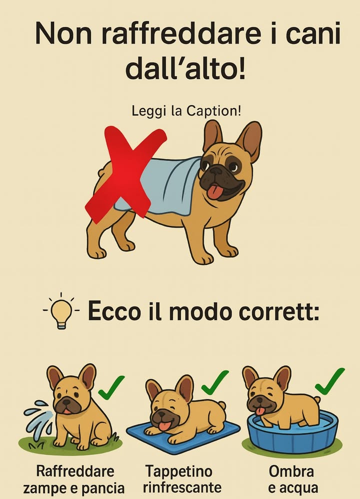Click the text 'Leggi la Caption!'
point(186,110)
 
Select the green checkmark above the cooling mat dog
point(214,382)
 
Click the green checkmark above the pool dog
point(330,381)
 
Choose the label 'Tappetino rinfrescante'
point(182,479)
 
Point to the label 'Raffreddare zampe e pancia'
point(75,479)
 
